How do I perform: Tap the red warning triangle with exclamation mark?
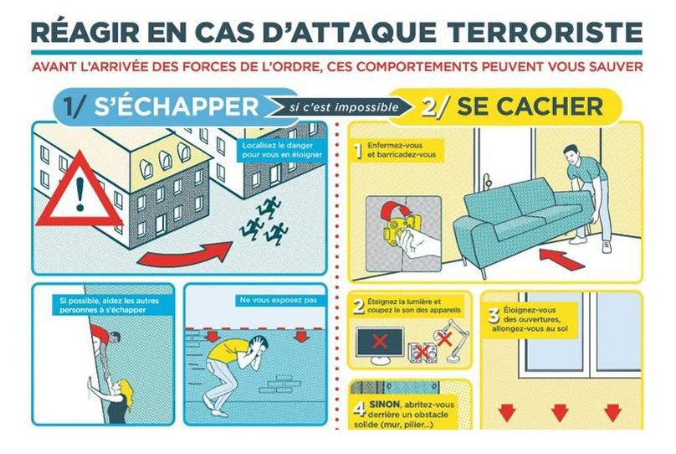[79, 190]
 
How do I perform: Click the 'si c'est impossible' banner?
[341, 106]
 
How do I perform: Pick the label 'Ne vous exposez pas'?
[278, 300]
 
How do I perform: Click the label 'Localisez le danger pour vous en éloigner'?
[281, 150]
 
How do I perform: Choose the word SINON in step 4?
[384, 405]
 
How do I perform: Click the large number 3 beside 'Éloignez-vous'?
[494, 316]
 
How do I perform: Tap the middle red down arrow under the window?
[560, 412]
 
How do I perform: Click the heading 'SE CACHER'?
[530, 106]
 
